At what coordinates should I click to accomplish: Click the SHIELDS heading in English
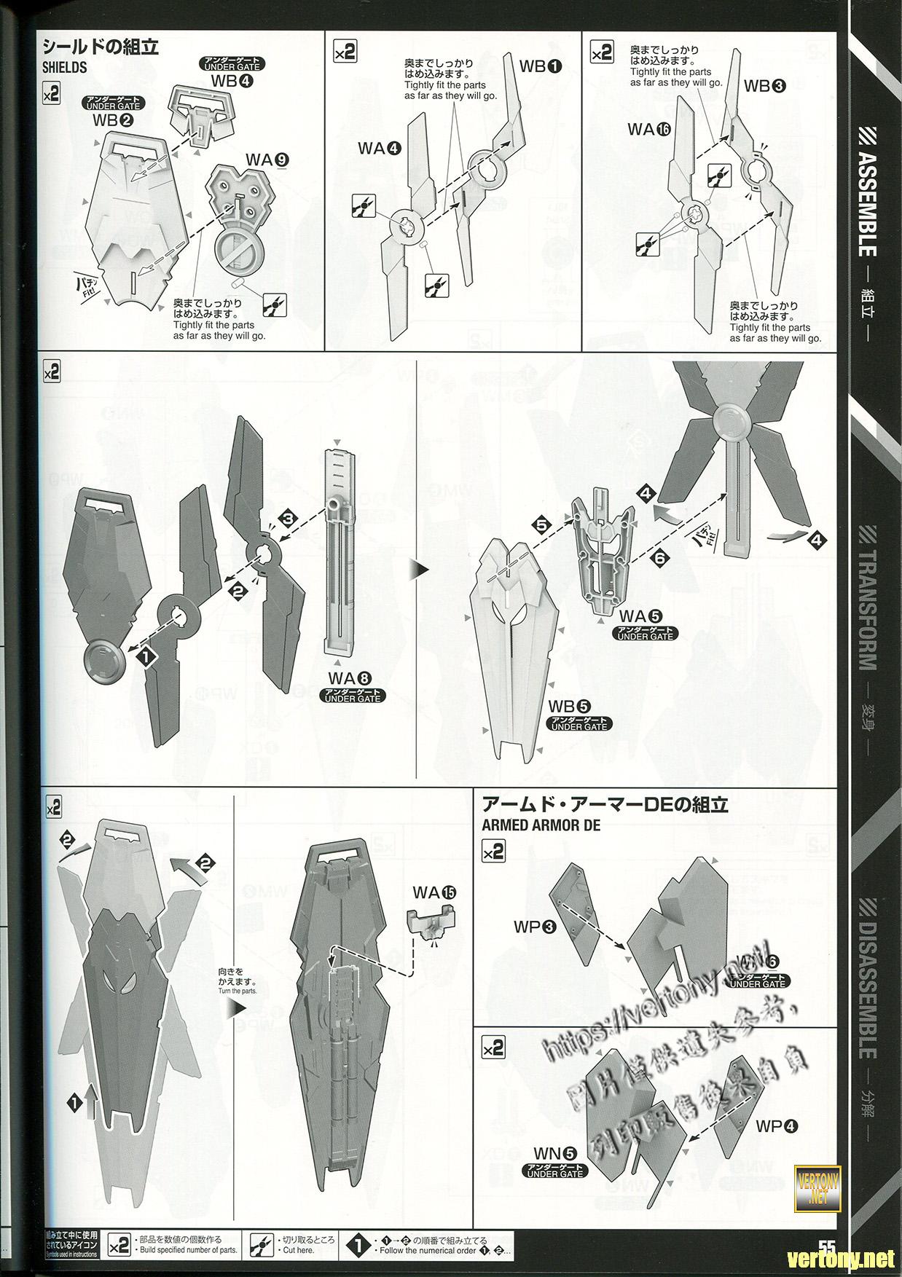[64, 68]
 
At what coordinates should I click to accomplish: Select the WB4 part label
[233, 81]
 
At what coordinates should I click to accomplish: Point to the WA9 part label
[267, 159]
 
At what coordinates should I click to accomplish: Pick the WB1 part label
[541, 66]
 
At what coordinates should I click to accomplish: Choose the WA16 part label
[649, 130]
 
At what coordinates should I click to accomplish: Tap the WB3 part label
[764, 86]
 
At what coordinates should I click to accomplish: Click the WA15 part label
[434, 892]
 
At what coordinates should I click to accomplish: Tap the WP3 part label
[536, 927]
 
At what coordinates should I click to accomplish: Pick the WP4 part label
[776, 1125]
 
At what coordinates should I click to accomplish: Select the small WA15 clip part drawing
[430, 923]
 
